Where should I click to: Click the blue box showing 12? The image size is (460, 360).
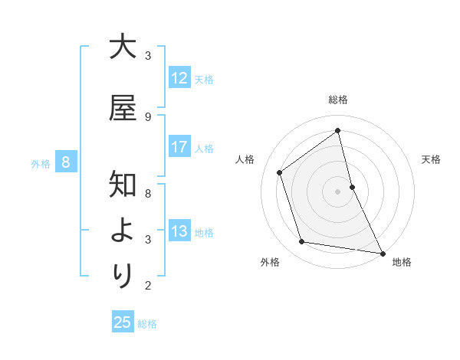[x=179, y=78]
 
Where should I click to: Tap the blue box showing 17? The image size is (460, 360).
[x=179, y=147]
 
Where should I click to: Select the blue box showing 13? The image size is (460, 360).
[x=179, y=232]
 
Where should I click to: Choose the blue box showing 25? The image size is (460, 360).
[x=123, y=322]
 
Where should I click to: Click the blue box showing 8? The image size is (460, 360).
[x=66, y=162]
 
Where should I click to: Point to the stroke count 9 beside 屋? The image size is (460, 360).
[x=147, y=116]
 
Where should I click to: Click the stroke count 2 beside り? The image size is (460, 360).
[x=147, y=286]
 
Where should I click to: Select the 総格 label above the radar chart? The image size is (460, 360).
[x=338, y=100]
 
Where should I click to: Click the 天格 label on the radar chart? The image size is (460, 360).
[x=432, y=159]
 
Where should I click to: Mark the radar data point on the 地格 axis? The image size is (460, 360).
[x=382, y=253]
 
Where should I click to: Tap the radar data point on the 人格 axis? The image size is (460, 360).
[x=280, y=172]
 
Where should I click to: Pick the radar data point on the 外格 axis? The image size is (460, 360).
[x=302, y=242]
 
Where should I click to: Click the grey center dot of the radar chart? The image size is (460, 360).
[x=338, y=191]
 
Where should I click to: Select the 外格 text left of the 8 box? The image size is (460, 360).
[x=41, y=163]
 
